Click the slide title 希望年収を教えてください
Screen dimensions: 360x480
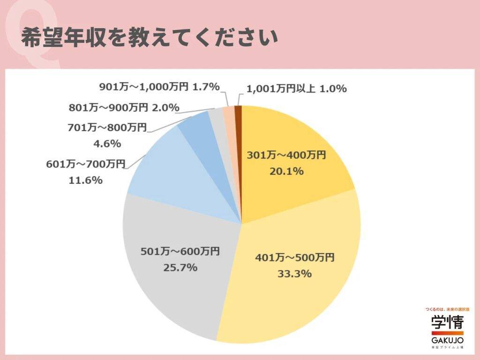click(x=149, y=38)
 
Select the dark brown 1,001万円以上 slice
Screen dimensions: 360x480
click(x=239, y=112)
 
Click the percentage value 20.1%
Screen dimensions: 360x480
click(x=286, y=172)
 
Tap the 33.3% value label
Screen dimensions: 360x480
click(x=294, y=274)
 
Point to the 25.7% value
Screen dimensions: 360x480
click(x=180, y=268)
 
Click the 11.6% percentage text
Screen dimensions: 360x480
click(x=85, y=180)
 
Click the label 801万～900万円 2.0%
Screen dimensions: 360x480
click(x=124, y=107)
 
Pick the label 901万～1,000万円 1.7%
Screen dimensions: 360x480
click(x=159, y=87)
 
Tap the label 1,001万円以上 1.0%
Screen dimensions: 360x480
click(x=296, y=88)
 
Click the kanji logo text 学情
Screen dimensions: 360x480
click(x=447, y=323)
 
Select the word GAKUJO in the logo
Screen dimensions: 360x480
click(x=447, y=339)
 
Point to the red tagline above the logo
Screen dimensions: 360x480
click(x=447, y=309)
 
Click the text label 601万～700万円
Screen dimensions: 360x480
click(x=85, y=164)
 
